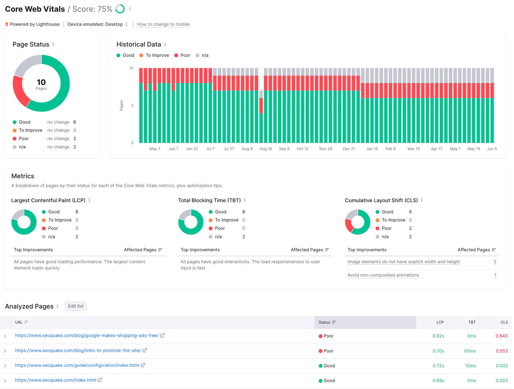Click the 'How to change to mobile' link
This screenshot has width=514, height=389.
(163, 24)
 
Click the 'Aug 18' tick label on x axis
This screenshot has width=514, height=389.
(265, 149)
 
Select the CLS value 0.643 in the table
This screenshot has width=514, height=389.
(501, 336)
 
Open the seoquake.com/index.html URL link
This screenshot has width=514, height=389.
(56, 380)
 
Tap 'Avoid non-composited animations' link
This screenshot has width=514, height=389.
(383, 275)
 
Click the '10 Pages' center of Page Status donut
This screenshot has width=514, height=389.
(41, 84)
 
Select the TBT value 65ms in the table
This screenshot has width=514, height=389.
(470, 351)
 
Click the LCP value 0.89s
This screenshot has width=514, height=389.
(438, 381)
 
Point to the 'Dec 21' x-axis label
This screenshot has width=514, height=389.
(349, 149)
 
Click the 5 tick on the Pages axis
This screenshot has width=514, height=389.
(132, 106)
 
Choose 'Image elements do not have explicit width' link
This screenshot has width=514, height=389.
(403, 262)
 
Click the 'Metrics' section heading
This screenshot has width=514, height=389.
(23, 176)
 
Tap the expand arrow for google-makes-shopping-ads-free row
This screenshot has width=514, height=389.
(5, 336)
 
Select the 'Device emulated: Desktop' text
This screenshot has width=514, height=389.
(95, 24)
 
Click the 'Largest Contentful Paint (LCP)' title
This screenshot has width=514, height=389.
(48, 200)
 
